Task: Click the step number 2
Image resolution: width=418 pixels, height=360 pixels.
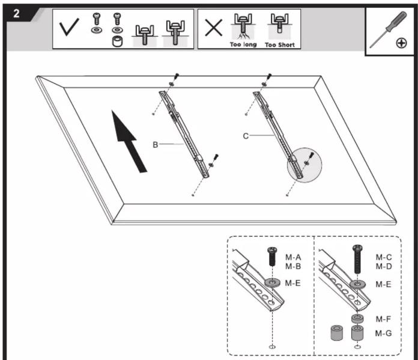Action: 16,13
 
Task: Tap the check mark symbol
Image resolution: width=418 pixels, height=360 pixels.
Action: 69,26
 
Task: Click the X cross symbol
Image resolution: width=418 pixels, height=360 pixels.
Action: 214,28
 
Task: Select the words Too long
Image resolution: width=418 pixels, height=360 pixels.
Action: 243,44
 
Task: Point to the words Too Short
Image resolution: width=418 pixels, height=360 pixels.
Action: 280,45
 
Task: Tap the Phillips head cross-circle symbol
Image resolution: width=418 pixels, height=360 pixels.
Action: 401,43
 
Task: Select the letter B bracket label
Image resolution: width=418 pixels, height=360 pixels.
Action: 155,145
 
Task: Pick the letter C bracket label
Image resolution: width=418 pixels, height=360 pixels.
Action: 246,136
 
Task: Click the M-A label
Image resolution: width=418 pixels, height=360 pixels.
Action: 293,257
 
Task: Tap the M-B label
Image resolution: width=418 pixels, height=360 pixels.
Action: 293,266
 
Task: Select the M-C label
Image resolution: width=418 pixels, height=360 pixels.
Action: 384,257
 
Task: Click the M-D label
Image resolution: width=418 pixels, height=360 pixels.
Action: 384,266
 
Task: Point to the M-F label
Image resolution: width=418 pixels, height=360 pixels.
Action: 383,319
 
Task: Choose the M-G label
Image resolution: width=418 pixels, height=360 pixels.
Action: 383,334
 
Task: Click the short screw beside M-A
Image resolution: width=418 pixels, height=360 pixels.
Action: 272,257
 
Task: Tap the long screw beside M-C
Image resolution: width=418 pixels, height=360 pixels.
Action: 357,259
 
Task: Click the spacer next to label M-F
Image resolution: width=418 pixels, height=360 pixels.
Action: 357,319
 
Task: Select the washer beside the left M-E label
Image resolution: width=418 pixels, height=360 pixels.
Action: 272,282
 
